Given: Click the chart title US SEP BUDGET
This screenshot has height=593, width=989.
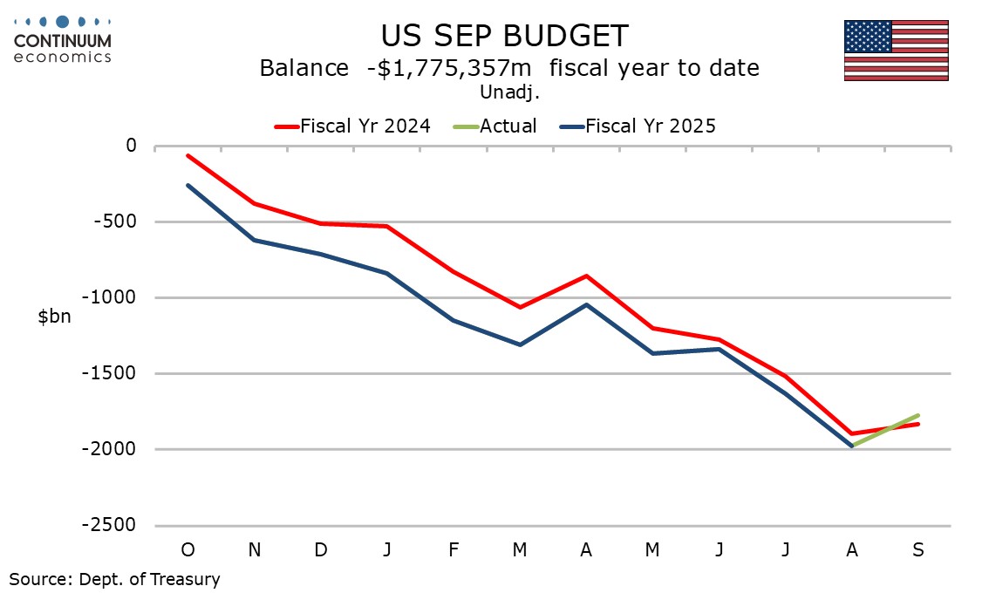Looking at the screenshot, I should click(x=504, y=36).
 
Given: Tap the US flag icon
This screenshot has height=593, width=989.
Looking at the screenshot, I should click(x=896, y=51).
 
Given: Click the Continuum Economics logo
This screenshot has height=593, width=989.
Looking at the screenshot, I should click(x=63, y=38).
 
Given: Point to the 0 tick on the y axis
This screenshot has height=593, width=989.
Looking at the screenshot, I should click(x=131, y=146).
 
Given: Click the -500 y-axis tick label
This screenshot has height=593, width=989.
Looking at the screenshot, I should click(x=119, y=222).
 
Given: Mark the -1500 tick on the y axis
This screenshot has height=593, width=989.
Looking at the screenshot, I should click(x=115, y=373).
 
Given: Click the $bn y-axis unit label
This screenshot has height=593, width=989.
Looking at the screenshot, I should click(x=54, y=317).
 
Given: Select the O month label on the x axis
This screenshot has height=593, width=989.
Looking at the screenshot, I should click(x=188, y=549).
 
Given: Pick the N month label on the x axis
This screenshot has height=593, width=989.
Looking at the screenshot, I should click(x=254, y=549).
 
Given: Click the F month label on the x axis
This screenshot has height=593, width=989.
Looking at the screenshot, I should click(x=454, y=549).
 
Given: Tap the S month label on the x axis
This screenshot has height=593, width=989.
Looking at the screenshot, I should click(x=917, y=549).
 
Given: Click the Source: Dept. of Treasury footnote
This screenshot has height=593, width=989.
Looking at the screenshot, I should click(x=115, y=578).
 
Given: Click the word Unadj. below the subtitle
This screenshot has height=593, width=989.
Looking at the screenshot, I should click(x=504, y=91).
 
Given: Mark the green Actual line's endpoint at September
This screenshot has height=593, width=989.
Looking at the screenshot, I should click(x=918, y=415).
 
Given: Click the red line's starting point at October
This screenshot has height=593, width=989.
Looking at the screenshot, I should click(x=188, y=155).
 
